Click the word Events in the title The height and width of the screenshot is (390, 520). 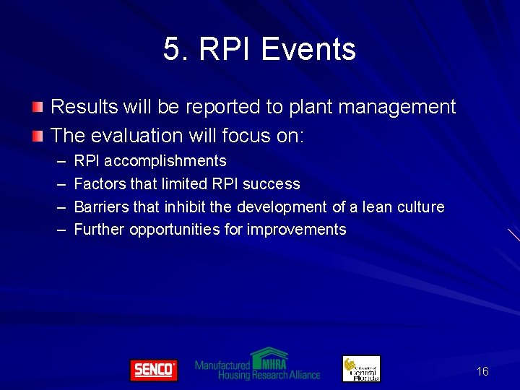coord(308,50)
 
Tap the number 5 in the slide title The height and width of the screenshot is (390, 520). coord(171,50)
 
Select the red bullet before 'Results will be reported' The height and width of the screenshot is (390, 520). coord(38,108)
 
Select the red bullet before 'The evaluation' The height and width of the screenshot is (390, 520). coord(38,136)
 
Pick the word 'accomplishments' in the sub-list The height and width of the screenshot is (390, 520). coord(165,161)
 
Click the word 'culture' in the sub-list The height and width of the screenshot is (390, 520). coord(420,207)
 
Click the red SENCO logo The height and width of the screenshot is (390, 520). coord(153,370)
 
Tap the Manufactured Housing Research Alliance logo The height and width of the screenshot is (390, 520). coord(258,365)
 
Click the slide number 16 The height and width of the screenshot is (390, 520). coord(482,371)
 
